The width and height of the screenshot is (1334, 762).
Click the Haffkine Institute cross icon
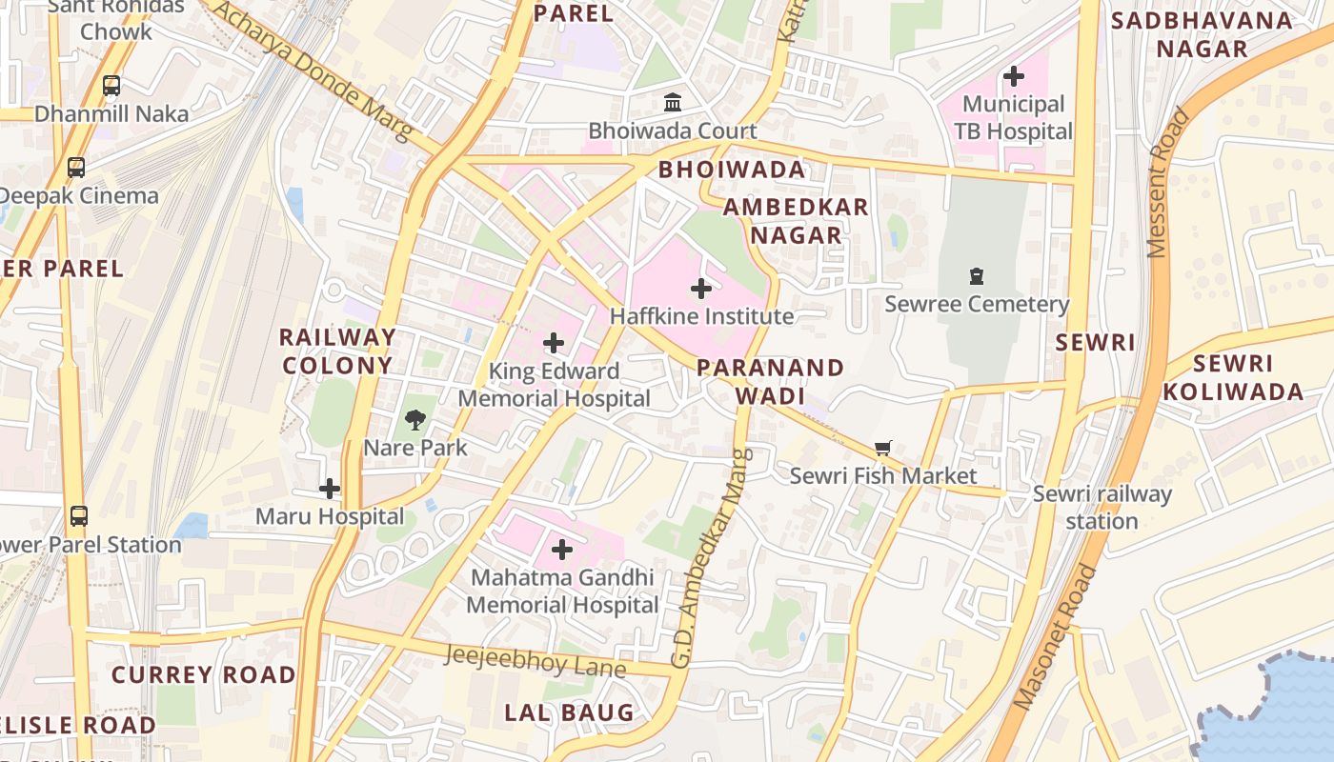pos(701,288)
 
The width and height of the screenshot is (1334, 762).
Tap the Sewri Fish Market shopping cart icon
pos(883,448)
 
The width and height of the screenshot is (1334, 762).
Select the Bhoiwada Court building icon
pos(673,102)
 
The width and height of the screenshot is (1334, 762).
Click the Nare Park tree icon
pos(414,419)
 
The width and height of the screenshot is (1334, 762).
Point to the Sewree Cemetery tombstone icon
pos(976,276)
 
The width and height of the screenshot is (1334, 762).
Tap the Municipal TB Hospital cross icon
pos(1014,75)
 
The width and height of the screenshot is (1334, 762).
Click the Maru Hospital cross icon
pos(330,489)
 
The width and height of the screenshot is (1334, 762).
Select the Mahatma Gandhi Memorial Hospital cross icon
pos(562,550)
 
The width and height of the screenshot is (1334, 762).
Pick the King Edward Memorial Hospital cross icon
pos(554,343)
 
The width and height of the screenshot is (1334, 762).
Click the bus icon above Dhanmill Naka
pos(111,86)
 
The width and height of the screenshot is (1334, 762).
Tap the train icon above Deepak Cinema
pos(76,168)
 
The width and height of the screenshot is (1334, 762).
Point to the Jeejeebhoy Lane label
pos(536,660)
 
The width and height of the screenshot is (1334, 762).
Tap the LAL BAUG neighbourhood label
pos(569,712)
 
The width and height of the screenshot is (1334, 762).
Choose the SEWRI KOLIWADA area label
pos(1233,377)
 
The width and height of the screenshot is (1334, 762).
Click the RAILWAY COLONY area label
pos(337,351)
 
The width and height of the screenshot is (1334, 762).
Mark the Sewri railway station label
pos(1102,508)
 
